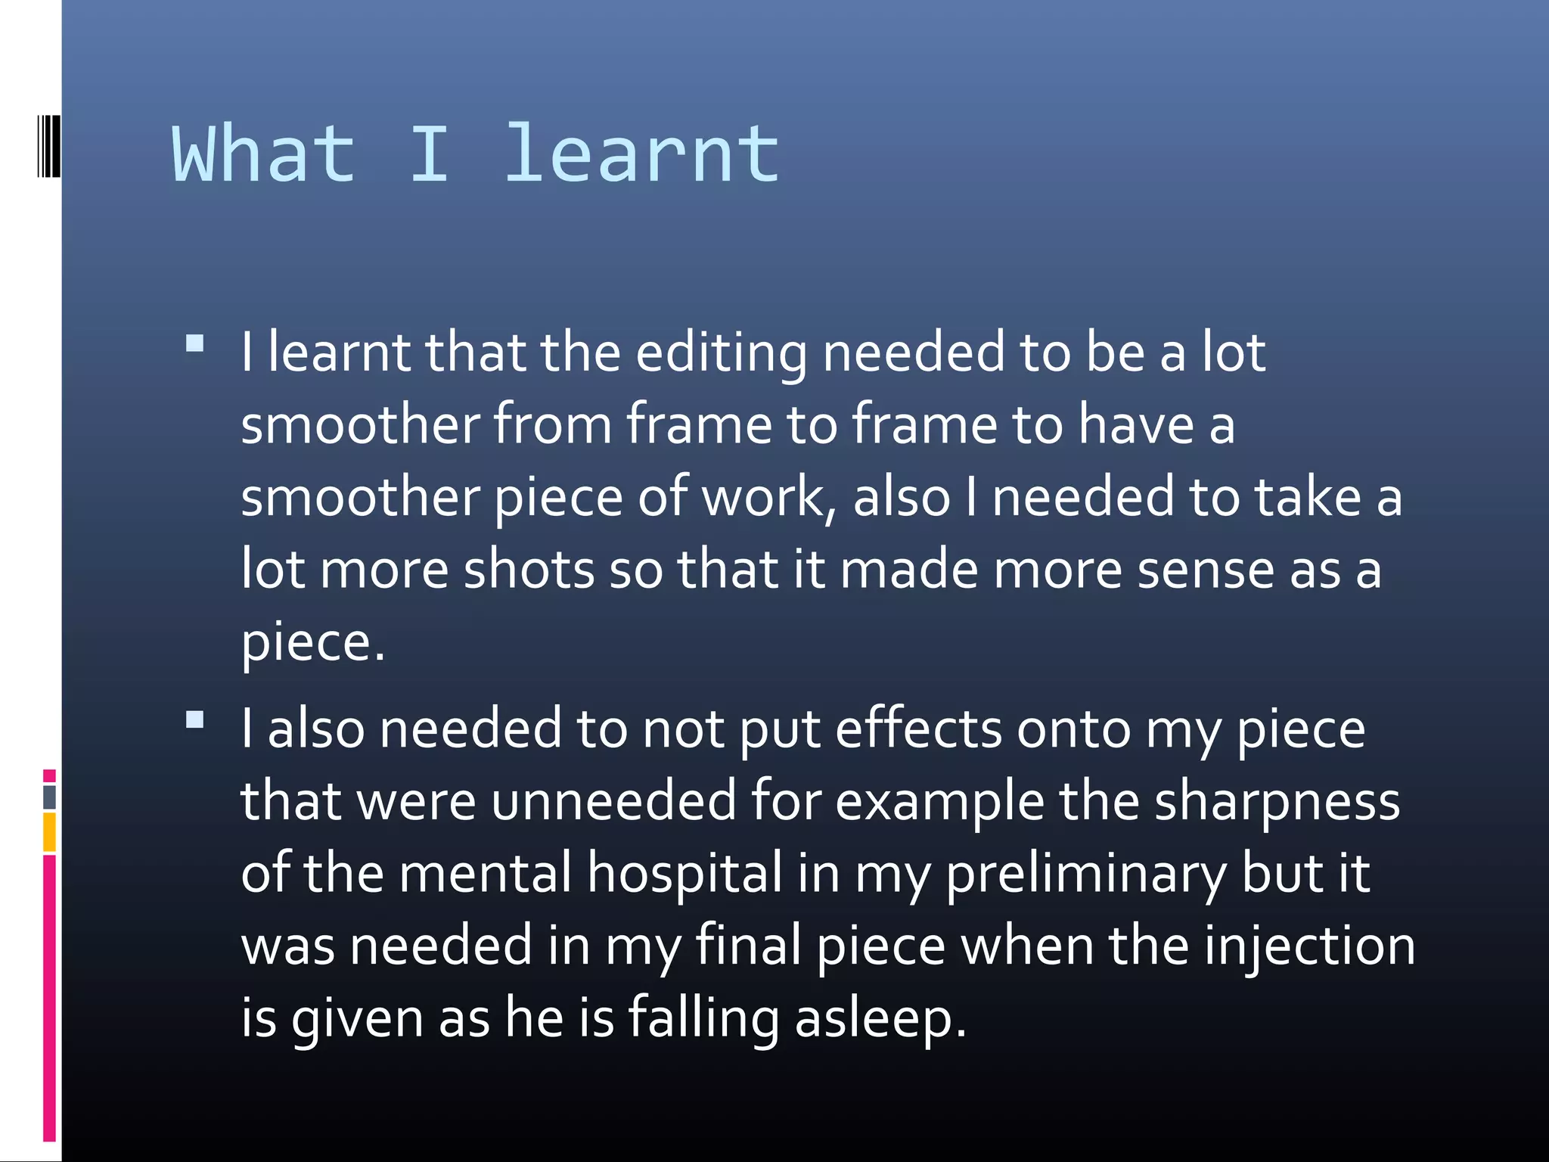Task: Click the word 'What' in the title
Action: point(264,154)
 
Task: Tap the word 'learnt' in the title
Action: point(641,154)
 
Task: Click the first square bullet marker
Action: point(195,344)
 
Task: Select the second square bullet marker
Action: point(195,719)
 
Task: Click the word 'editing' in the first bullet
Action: point(721,354)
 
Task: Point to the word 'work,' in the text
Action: point(769,498)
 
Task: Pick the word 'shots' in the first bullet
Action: point(529,570)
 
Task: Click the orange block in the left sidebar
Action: point(49,832)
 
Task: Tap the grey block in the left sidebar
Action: point(49,797)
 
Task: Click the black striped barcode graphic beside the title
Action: point(48,146)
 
